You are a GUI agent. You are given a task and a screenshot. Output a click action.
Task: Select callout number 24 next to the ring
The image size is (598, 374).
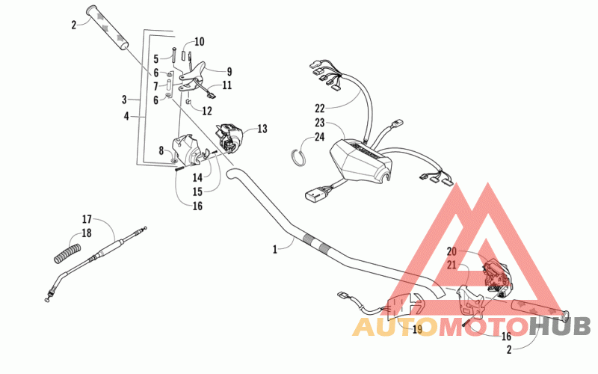coord(319,137)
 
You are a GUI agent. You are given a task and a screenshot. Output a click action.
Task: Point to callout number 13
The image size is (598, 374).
coord(262,129)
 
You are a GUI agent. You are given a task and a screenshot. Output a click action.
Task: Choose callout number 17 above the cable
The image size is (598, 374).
coord(87,219)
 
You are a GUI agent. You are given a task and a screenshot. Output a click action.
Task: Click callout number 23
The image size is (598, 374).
coord(319,123)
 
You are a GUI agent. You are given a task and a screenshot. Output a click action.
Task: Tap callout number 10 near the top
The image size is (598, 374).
coord(199,41)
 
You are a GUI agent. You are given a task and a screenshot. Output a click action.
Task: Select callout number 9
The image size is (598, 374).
coord(229,72)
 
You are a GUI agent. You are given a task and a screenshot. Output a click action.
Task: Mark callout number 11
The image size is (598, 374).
coord(226,85)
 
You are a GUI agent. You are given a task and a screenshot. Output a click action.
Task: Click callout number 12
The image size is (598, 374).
coord(206,111)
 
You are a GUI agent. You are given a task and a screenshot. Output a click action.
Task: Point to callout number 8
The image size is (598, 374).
coord(161,150)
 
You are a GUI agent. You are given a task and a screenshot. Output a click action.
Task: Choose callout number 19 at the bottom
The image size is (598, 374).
coord(417,328)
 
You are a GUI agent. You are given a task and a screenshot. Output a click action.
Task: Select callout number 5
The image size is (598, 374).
coord(156,58)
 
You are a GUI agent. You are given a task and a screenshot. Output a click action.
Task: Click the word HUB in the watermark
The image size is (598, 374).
coord(560,325)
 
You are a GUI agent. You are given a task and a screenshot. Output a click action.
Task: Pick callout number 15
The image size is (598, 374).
coord(197,191)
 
